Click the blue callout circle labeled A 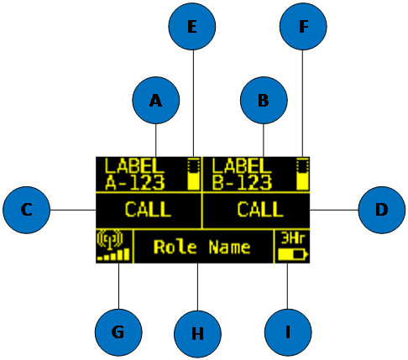point(156,101)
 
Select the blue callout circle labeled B point(264,101)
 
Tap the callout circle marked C point(27,210)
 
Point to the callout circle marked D point(382,210)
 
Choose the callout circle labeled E point(192,27)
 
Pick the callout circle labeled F point(303,27)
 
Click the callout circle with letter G point(118,332)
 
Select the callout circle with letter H point(197,334)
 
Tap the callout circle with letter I point(288,332)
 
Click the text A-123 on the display point(135,183)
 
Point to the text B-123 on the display point(242,183)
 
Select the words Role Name point(201,247)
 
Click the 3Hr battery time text point(293,238)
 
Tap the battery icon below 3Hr point(293,254)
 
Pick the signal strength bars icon point(113,254)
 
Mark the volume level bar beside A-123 point(193,175)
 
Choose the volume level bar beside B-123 point(302,175)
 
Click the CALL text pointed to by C point(148,210)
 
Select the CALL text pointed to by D point(260,210)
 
